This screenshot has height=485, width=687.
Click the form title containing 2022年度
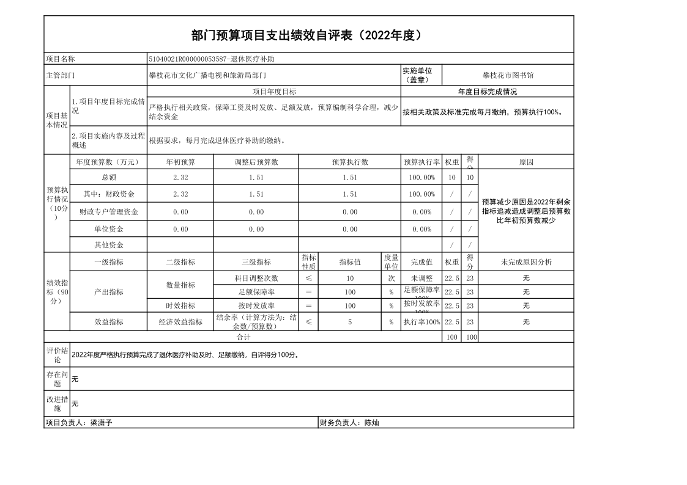click(x=308, y=35)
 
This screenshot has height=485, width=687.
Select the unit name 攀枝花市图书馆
click(x=508, y=76)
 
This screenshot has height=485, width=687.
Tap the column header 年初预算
click(x=180, y=162)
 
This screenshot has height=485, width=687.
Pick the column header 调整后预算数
click(x=256, y=162)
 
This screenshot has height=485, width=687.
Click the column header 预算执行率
click(x=421, y=162)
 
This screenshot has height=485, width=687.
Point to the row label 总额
click(x=109, y=177)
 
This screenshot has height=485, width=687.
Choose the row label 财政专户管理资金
click(x=109, y=212)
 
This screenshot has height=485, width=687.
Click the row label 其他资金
click(x=109, y=245)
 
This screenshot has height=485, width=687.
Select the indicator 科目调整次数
click(x=256, y=279)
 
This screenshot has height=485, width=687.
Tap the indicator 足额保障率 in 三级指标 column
click(x=256, y=292)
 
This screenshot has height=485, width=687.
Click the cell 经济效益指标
click(x=180, y=322)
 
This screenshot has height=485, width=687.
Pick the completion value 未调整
click(x=421, y=279)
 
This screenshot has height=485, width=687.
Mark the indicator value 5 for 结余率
click(x=350, y=322)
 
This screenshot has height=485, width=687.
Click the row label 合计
click(x=243, y=337)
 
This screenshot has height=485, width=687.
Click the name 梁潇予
click(x=102, y=423)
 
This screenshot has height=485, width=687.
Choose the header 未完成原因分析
click(x=526, y=262)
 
